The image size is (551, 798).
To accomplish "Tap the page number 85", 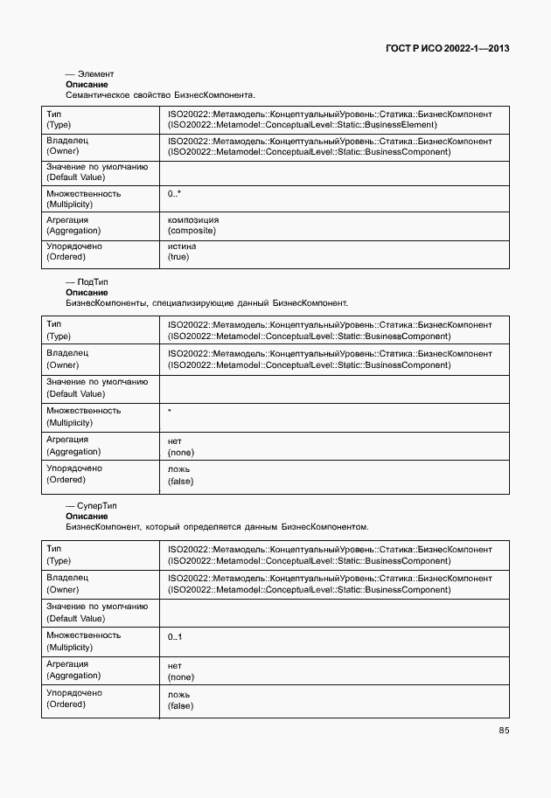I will [504, 730].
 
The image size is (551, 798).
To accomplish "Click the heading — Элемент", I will [90, 74].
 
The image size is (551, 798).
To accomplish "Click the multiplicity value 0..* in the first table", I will [174, 193].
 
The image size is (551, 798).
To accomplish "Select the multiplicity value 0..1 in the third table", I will [175, 637].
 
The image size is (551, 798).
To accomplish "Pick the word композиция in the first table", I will [193, 220].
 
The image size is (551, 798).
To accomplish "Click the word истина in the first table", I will [182, 246].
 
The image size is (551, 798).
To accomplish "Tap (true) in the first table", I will [178, 257].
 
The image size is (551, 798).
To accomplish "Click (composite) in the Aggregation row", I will [192, 231].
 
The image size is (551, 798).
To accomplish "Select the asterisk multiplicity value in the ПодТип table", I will [170, 409].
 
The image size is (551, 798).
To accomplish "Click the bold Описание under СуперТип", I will [87, 517].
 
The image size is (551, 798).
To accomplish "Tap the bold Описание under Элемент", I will [87, 85].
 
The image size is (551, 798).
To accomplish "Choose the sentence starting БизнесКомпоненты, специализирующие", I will [206, 303].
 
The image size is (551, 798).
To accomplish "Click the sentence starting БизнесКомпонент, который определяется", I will [217, 527].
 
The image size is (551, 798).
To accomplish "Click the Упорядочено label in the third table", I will [74, 693].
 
